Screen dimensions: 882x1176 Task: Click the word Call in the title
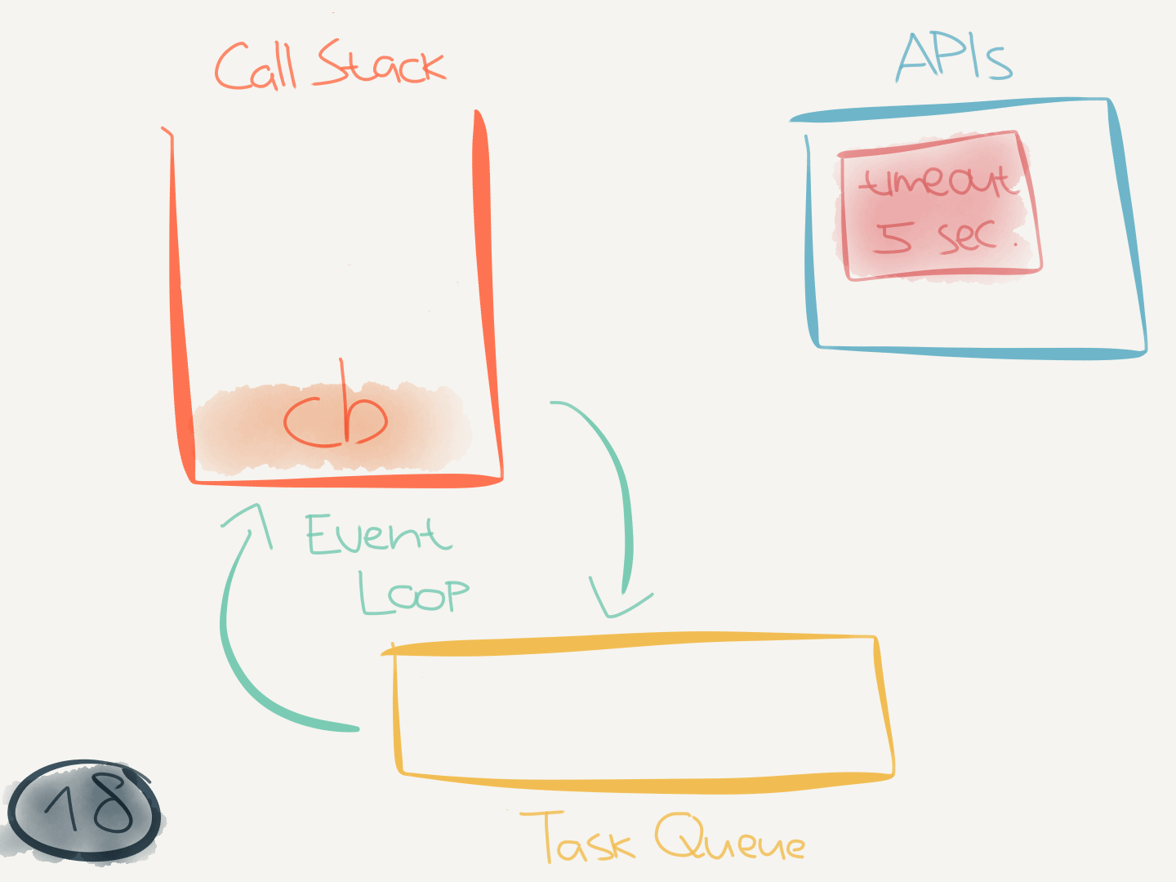(x=255, y=67)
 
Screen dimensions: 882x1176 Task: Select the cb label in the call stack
(x=335, y=418)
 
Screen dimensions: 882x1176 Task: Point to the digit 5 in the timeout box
(x=892, y=237)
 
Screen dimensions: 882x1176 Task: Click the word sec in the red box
(x=967, y=236)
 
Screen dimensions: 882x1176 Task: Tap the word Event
(x=377, y=535)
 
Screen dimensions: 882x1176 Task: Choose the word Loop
(x=414, y=593)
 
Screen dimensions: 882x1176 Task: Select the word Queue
(x=729, y=838)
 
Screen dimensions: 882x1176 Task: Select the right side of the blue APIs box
(x=1129, y=229)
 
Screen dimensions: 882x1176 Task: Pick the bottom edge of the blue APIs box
(x=980, y=352)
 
